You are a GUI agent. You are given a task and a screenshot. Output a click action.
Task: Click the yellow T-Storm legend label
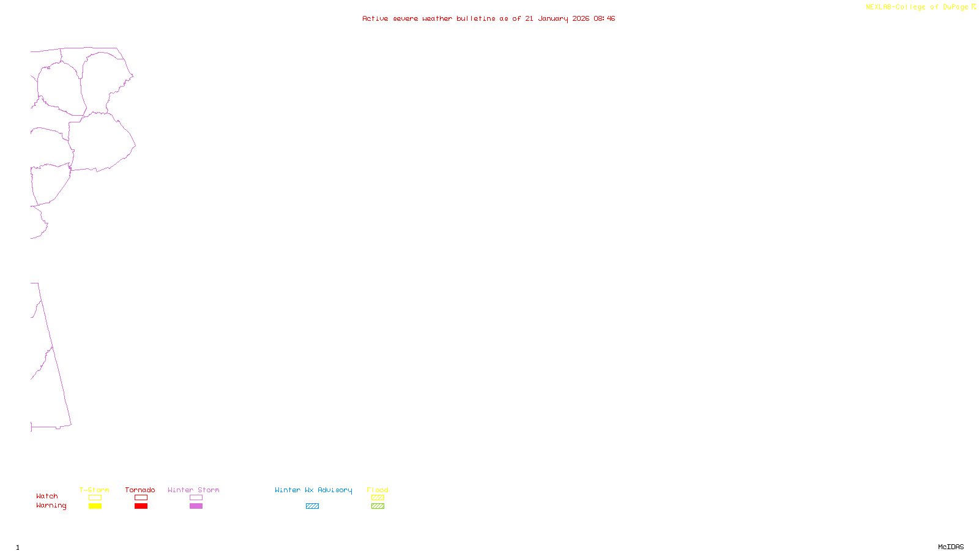[x=94, y=490]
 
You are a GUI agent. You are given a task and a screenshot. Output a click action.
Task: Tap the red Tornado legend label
[x=140, y=490]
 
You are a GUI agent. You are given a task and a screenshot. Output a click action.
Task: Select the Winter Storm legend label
[x=193, y=490]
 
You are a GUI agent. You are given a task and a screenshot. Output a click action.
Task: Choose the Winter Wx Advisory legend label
[x=313, y=490]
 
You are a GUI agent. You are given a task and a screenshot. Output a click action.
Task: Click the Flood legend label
[x=378, y=490]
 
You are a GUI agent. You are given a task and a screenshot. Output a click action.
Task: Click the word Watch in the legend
[x=47, y=496]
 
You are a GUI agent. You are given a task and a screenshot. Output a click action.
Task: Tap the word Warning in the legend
[x=51, y=506]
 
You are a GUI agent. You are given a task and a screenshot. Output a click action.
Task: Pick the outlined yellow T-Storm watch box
[x=95, y=498]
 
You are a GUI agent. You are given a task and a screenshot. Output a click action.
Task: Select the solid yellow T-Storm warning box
[x=95, y=506]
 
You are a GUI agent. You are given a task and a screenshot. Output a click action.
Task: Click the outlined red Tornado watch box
[x=141, y=498]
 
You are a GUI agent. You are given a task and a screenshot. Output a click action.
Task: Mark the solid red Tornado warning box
[x=141, y=506]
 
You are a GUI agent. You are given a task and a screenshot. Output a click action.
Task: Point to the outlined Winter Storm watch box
[x=196, y=498]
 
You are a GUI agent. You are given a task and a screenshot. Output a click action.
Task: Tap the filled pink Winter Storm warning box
[x=196, y=506]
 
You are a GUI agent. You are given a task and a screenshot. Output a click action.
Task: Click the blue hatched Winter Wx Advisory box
[x=312, y=506]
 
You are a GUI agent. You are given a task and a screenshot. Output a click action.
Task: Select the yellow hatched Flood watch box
[x=378, y=498]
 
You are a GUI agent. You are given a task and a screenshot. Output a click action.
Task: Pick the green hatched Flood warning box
[x=378, y=506]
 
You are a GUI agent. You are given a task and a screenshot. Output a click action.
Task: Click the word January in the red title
[x=553, y=18]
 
